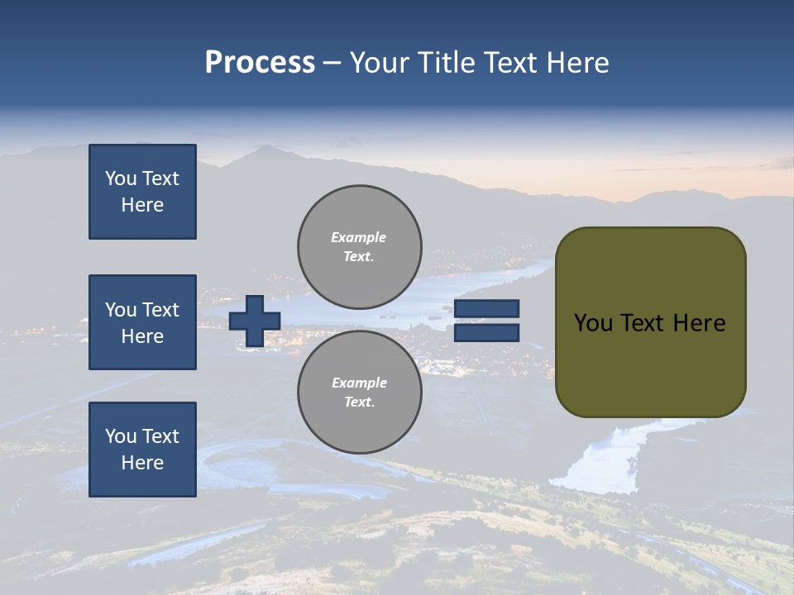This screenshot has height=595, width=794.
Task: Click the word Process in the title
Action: pyautogui.click(x=260, y=63)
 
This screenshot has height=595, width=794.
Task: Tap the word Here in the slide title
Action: pyautogui.click(x=577, y=63)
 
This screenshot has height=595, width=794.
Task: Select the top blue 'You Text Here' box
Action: pyautogui.click(x=142, y=192)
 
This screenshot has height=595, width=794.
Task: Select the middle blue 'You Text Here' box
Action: pyautogui.click(x=142, y=322)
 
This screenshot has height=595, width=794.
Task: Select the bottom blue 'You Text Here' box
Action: pyautogui.click(x=142, y=450)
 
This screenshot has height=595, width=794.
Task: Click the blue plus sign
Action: pyautogui.click(x=255, y=321)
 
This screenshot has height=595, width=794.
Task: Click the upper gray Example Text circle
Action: pyautogui.click(x=359, y=246)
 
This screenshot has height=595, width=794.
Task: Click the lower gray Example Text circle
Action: pyautogui.click(x=359, y=392)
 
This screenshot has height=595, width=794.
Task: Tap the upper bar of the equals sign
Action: pyautogui.click(x=486, y=309)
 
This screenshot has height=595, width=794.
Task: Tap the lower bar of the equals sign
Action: pyautogui.click(x=486, y=332)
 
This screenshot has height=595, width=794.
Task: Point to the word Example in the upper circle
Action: pyautogui.click(x=358, y=237)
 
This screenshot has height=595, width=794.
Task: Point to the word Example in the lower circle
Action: pyautogui.click(x=359, y=383)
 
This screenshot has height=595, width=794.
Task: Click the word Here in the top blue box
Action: pyautogui.click(x=142, y=205)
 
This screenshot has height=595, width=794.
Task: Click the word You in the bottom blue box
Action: pyautogui.click(x=121, y=436)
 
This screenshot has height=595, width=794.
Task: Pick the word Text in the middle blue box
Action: pyautogui.click(x=160, y=310)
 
